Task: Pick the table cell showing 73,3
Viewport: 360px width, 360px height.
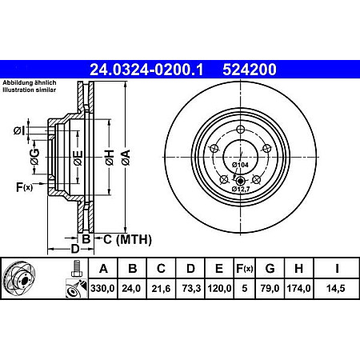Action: point(190,290)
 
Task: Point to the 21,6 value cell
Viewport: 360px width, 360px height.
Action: point(161,290)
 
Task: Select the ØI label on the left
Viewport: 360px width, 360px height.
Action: point(19,130)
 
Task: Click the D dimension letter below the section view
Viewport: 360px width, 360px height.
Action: point(54,250)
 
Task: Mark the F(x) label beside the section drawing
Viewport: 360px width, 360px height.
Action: point(23,187)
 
